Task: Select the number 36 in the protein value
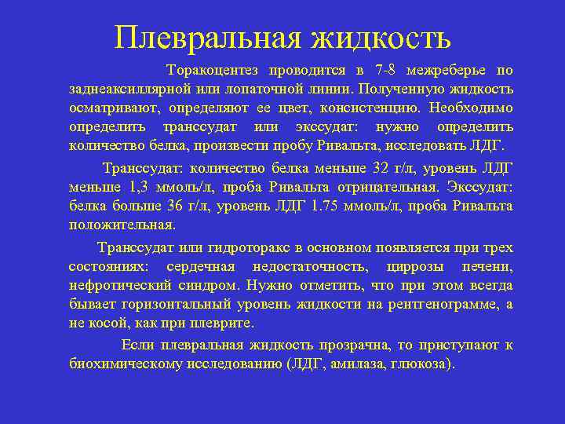click(176, 206)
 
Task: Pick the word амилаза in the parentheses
click(368, 364)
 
